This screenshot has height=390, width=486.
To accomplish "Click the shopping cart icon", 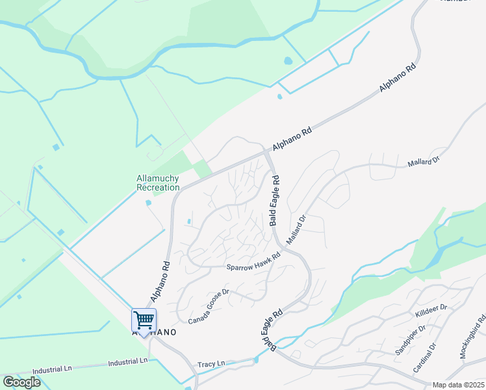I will tap(144, 320).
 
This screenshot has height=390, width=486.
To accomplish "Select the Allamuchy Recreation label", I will tap(158, 183).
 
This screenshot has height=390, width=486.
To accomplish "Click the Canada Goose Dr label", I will tap(209, 307).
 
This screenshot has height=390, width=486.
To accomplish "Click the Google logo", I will tap(21, 382).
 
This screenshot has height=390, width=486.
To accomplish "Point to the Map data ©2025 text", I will tap(457, 385).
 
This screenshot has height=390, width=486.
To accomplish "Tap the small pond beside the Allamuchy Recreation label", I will tap(149, 203).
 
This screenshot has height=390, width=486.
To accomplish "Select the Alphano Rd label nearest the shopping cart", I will tap(160, 281).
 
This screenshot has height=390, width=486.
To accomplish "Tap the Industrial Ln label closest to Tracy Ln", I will tap(128, 362).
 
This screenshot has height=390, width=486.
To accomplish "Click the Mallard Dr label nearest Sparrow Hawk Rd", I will tap(296, 231).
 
